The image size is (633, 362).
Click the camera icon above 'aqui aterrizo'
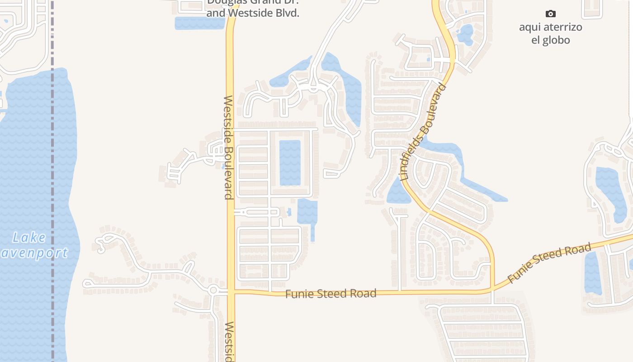[x=550, y=14]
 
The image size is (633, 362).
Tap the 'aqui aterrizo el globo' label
[x=550, y=33]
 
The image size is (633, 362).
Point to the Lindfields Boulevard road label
[x=423, y=132]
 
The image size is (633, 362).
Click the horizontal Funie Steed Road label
[x=331, y=294]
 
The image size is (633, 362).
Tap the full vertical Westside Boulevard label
[x=228, y=147]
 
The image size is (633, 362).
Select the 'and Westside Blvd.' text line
[x=253, y=14]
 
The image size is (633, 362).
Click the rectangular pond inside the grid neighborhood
[x=290, y=162]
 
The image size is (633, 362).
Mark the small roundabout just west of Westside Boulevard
[x=213, y=290]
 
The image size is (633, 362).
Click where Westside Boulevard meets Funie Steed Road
[x=231, y=292]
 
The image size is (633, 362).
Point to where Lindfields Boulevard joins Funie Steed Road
[x=492, y=289]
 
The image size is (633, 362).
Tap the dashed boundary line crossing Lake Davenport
[x=52, y=181]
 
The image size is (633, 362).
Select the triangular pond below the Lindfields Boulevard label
[x=397, y=192]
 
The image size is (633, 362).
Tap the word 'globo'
[x=557, y=40]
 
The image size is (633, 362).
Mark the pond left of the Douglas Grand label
[x=199, y=24]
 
